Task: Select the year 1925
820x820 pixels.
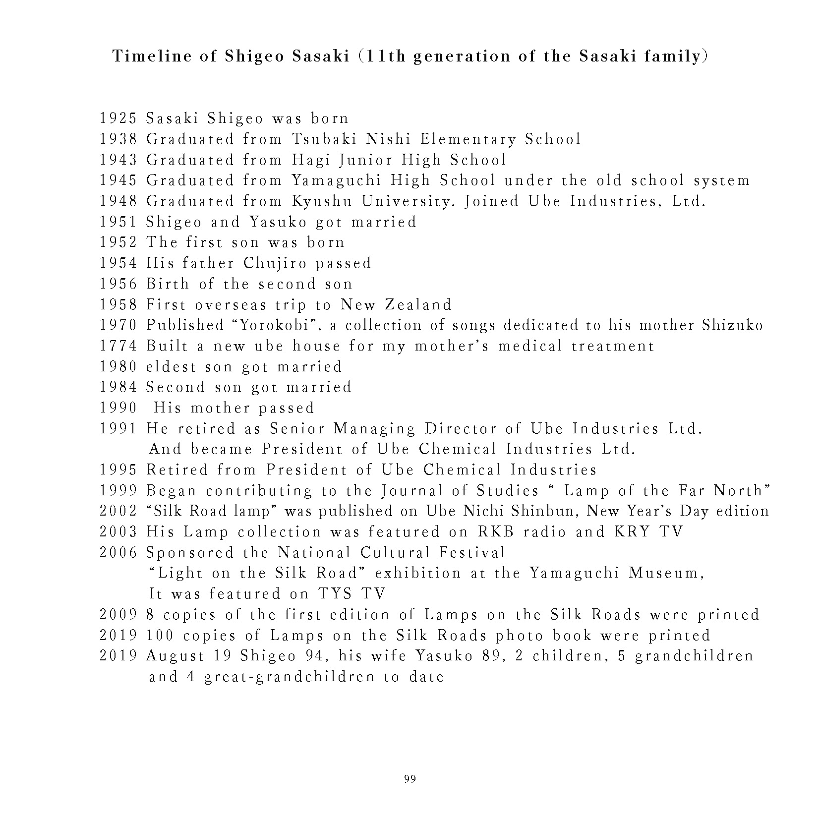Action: [x=117, y=118]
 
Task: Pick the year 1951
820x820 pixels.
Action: [x=117, y=222]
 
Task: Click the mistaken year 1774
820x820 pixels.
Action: [x=117, y=346]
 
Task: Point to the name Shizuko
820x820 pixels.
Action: [x=733, y=325]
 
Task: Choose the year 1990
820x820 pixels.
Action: [x=117, y=408]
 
